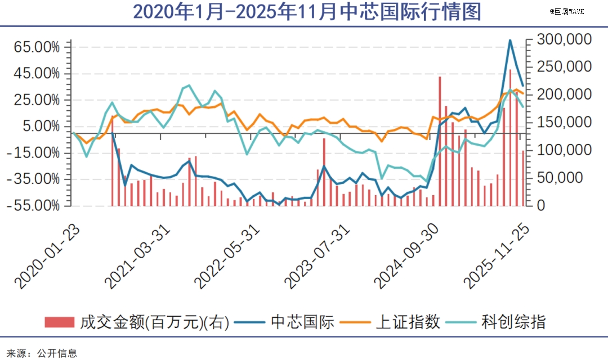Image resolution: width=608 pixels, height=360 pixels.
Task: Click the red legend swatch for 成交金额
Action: (59, 322)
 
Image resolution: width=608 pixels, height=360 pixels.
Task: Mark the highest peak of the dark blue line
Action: (510, 40)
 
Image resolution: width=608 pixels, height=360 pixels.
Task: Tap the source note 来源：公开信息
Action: (39, 353)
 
